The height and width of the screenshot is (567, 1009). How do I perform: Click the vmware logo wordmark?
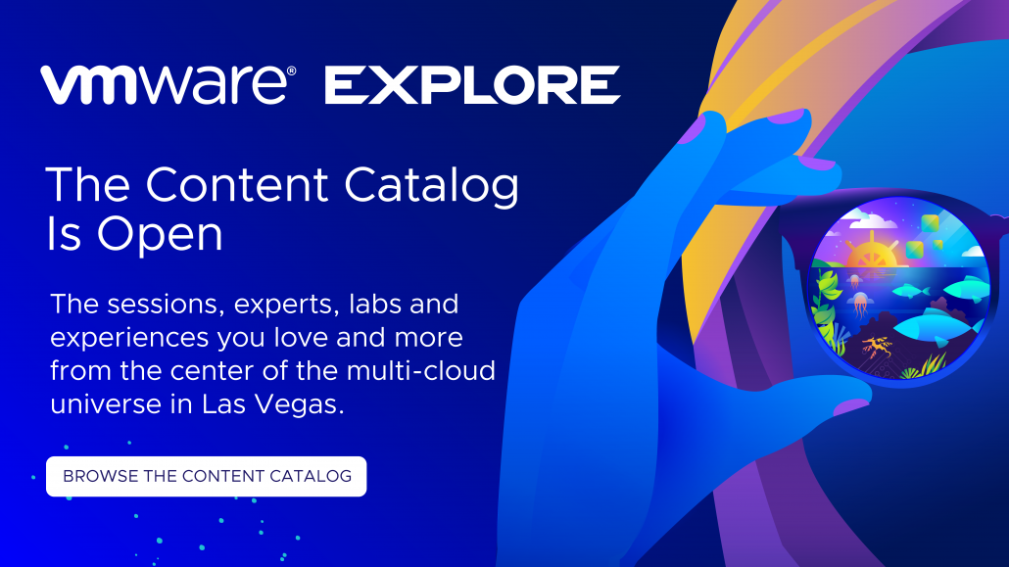[167, 85]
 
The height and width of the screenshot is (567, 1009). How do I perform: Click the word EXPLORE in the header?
[472, 85]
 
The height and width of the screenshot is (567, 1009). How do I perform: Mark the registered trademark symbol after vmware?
[291, 71]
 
